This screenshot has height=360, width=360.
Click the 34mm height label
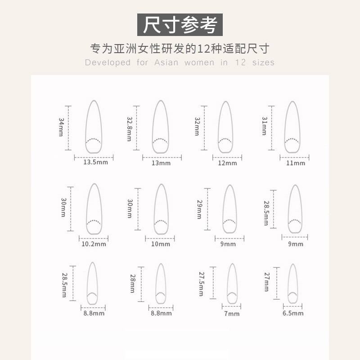(x=61, y=127)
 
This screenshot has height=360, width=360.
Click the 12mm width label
(x=227, y=163)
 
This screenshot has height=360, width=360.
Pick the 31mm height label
(x=264, y=126)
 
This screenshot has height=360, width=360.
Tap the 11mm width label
(x=296, y=163)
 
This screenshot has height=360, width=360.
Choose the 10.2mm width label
(x=94, y=244)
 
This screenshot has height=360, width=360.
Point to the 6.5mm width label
(x=293, y=314)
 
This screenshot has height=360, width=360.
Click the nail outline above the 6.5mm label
(x=293, y=283)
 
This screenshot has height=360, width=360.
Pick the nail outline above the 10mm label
(x=161, y=209)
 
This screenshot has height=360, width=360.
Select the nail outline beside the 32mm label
(x=225, y=127)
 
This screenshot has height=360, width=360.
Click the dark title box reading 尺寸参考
(x=180, y=25)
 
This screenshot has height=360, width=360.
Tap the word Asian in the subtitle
(x=166, y=63)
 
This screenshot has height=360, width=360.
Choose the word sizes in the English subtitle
(x=263, y=63)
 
